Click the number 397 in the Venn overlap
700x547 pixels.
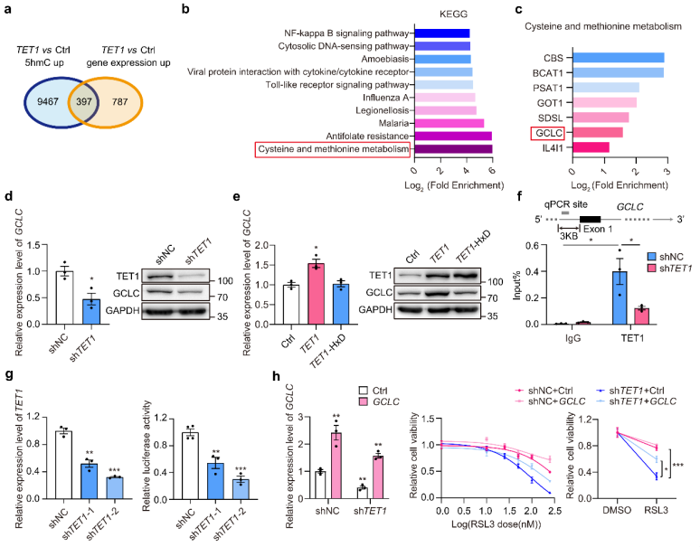tap(84, 101)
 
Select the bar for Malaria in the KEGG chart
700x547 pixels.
tap(449, 123)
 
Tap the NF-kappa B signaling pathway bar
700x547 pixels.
tap(442, 33)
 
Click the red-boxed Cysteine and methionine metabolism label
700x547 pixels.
tap(333, 149)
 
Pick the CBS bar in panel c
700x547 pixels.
tap(619, 58)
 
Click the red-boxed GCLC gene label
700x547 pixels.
tap(548, 133)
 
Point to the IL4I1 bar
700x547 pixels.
tap(591, 147)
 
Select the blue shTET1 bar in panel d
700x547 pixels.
tap(91, 311)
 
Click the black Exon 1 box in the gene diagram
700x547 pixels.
tap(590, 219)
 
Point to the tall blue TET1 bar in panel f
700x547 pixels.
tap(620, 297)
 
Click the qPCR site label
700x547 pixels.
tap(565, 204)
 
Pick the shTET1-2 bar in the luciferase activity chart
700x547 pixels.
tap(241, 489)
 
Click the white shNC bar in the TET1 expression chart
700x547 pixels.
tap(64, 465)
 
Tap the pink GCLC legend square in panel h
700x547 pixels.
tap(363, 402)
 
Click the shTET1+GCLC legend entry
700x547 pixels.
tap(636, 401)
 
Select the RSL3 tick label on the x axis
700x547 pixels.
tap(656, 510)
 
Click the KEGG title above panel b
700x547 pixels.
tap(453, 14)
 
